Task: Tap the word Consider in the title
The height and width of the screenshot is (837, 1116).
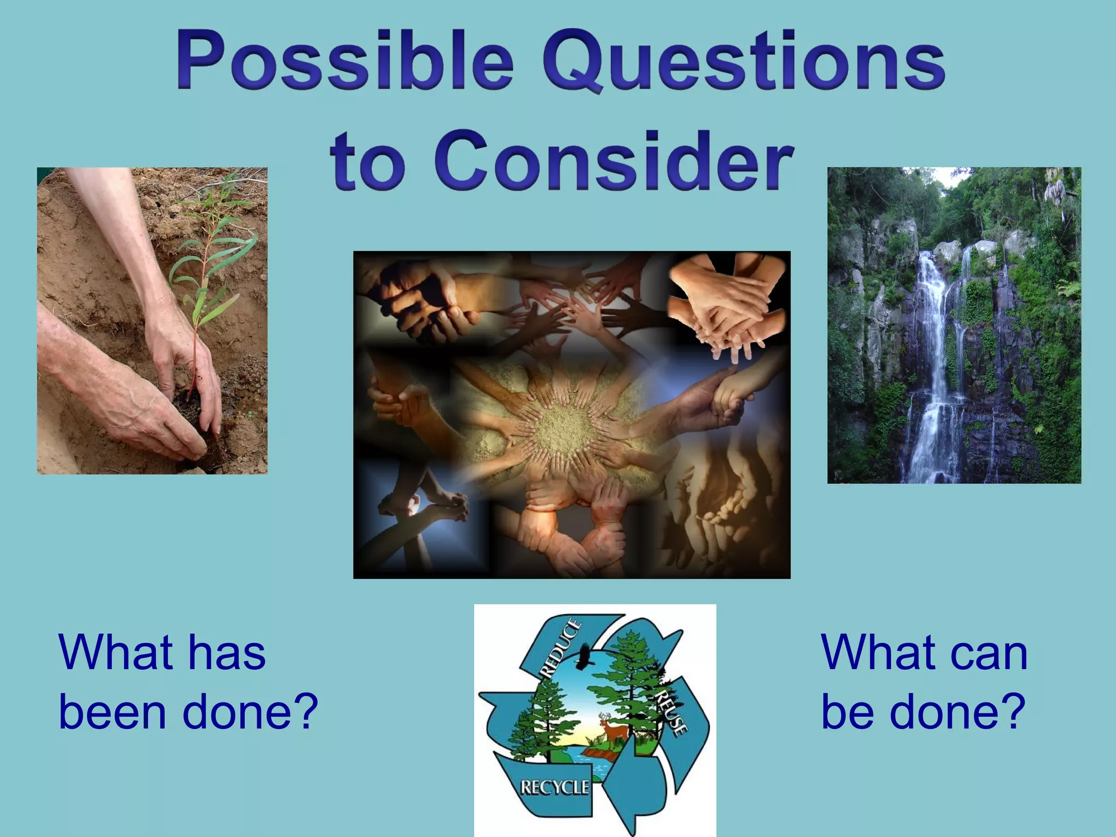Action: pos(613,161)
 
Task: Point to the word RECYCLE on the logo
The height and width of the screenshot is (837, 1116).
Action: pos(554,787)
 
